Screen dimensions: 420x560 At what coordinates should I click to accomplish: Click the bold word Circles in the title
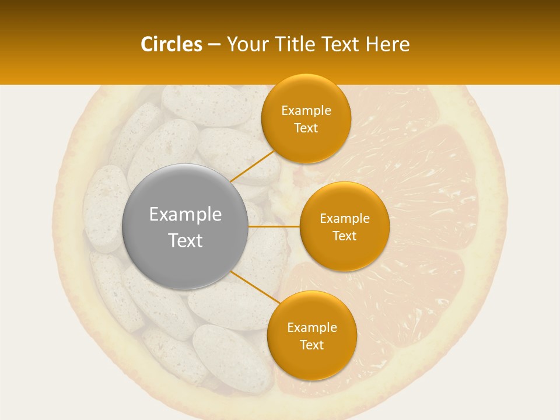point(171,44)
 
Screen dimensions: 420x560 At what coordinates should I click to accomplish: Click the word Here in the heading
point(388,44)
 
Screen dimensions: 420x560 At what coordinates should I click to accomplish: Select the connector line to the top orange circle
point(253,166)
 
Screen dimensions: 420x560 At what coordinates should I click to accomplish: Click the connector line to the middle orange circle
point(274,226)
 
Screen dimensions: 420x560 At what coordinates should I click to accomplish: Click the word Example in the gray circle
point(185,215)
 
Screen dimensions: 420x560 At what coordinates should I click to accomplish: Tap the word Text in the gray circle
point(185,240)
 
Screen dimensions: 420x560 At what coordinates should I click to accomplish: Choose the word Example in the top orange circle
point(306,111)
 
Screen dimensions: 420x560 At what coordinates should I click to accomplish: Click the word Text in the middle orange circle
point(344,236)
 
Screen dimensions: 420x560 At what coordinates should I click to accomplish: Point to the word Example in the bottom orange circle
point(311,328)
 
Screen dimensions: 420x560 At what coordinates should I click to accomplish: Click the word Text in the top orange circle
point(306,128)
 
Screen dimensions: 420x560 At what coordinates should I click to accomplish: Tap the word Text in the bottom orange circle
point(311,345)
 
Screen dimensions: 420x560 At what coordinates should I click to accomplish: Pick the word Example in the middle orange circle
point(344,219)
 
